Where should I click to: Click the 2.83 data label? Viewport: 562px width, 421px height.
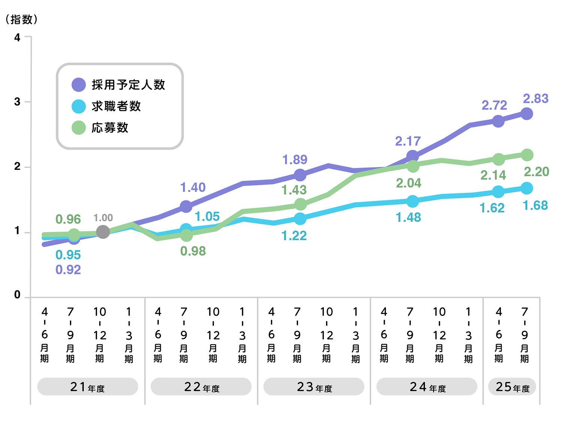(535, 99)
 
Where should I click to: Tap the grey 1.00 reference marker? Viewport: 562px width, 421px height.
(103, 232)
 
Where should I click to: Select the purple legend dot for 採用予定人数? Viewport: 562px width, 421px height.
(79, 85)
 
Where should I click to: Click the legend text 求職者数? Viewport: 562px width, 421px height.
(116, 106)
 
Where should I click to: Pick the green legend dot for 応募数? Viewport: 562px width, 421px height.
(79, 127)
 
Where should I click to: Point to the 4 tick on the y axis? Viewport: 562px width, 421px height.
(17, 37)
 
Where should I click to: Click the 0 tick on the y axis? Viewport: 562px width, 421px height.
(17, 295)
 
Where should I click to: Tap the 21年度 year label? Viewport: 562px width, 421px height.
(87, 387)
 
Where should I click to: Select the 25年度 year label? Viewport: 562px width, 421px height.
(512, 387)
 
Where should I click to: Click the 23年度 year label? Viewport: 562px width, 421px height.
(314, 387)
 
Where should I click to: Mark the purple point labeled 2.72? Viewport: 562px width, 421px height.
(498, 121)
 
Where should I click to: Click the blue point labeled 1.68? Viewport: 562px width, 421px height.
(527, 188)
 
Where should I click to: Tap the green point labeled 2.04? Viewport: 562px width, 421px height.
(413, 166)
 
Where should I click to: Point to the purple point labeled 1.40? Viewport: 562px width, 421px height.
(186, 206)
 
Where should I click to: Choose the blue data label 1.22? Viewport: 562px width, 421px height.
(294, 236)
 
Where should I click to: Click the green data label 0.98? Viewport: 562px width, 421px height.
(193, 251)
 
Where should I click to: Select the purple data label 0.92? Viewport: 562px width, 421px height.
(68, 270)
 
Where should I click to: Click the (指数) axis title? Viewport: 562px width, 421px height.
(22, 19)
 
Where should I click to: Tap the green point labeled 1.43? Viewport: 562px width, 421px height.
(300, 204)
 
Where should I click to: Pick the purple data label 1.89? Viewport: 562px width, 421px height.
(294, 160)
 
